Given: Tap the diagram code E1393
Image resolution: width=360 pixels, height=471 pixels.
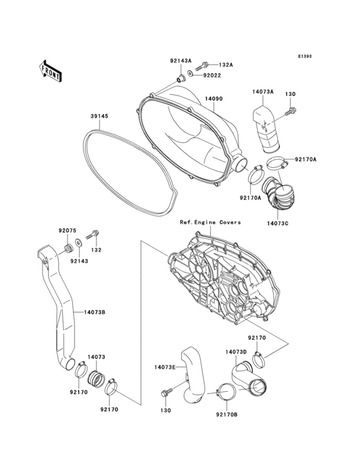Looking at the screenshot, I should [304, 57].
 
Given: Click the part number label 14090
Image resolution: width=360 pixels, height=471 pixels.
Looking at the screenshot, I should [213, 99].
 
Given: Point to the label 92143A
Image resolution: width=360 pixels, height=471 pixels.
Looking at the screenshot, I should [181, 60].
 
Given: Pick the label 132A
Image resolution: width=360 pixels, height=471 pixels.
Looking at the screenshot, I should [226, 65].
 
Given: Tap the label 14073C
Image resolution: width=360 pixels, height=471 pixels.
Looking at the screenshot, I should [278, 223].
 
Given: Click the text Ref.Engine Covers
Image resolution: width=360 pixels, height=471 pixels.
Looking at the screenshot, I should [210, 222].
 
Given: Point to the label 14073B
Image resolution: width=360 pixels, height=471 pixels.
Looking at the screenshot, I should [94, 313].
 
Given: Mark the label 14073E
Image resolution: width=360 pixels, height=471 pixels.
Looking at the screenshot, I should [165, 367].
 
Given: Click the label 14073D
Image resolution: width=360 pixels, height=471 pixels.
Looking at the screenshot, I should [235, 353].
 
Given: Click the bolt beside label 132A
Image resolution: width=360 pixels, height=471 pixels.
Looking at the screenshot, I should [206, 64].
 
